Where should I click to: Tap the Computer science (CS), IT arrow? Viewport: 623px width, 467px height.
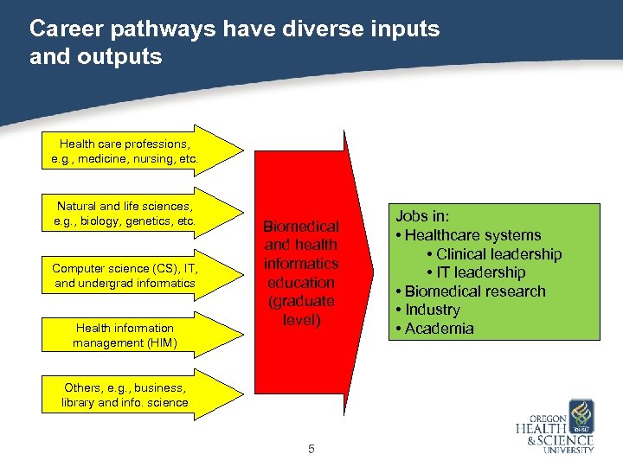tap(125, 276)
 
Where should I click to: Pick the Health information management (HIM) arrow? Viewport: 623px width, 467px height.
tap(125, 336)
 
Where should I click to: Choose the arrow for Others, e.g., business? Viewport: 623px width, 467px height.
tap(125, 395)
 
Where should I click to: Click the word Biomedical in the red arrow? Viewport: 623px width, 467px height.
tap(301, 227)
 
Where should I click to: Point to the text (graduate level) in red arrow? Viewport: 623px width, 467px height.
tap(301, 310)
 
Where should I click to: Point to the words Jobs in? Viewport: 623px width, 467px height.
tap(423, 217)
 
